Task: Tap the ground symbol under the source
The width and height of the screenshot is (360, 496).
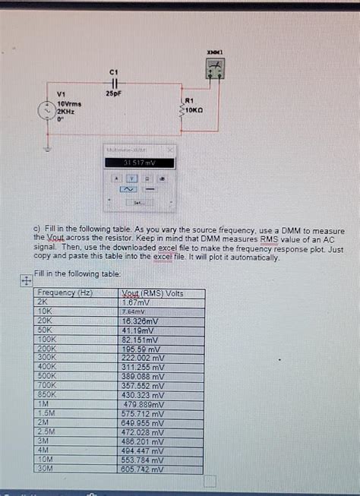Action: point(49,146)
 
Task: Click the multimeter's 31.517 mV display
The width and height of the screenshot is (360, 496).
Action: point(139,163)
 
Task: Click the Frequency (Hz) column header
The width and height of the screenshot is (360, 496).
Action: point(65,292)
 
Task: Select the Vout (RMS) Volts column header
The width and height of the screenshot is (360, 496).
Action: point(152,292)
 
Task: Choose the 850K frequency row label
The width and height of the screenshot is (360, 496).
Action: point(47,395)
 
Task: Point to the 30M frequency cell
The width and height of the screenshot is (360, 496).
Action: point(46,469)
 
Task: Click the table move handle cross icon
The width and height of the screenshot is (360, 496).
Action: point(25,280)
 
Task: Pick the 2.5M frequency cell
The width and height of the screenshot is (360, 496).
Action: point(46,432)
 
